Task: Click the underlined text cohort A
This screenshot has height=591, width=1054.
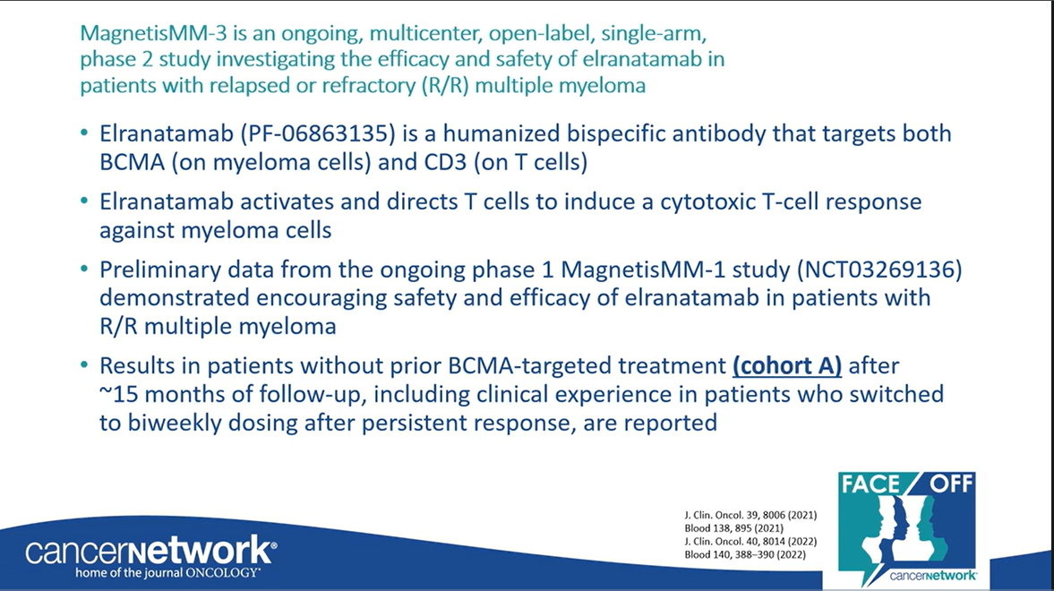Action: coord(786,365)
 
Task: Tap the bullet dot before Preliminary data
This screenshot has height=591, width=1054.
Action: coord(84,270)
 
